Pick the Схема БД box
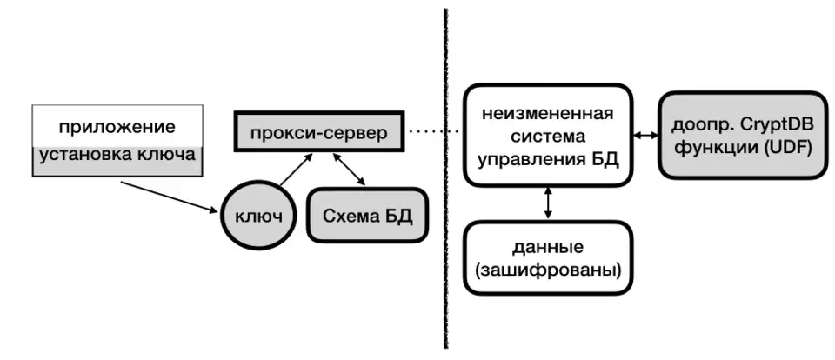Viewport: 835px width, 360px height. (368, 215)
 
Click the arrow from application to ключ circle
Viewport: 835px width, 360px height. (170, 197)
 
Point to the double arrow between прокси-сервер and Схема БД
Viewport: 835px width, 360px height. (350, 170)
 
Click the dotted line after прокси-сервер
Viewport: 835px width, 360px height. (433, 132)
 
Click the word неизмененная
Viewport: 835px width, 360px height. (547, 114)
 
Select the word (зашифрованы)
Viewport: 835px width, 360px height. (547, 270)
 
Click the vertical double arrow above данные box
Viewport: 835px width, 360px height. (546, 203)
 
